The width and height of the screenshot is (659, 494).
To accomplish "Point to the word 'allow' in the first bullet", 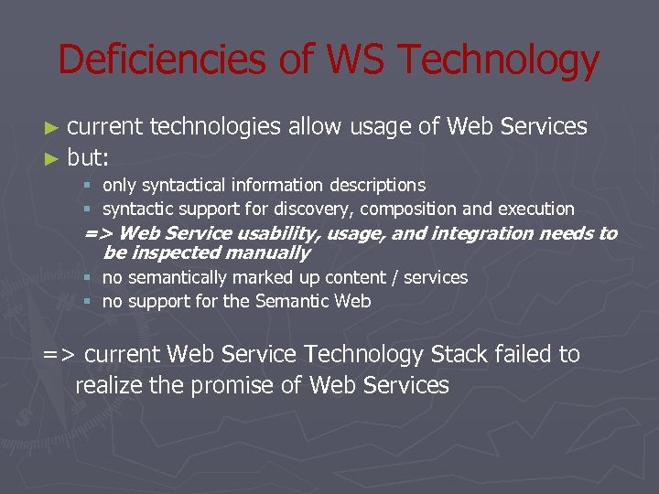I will click(315, 127).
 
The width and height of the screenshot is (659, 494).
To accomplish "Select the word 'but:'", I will click(89, 157).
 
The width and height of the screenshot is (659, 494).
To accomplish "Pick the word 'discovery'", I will click(329, 209).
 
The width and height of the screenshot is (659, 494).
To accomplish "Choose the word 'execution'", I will click(535, 209).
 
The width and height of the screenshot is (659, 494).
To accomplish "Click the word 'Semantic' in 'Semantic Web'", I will click(297, 301).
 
